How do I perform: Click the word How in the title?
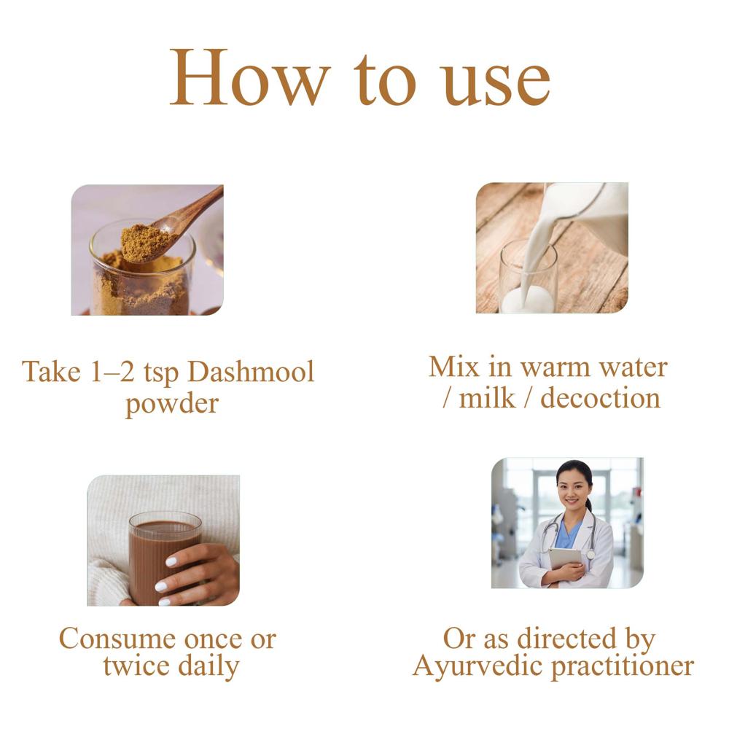tap(250, 77)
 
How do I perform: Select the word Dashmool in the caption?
tap(251, 372)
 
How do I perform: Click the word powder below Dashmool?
tap(172, 404)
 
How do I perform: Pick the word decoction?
tap(600, 399)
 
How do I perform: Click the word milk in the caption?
tap(487, 399)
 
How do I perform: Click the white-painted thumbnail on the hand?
tap(171, 561)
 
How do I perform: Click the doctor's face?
tap(574, 490)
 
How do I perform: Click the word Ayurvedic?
tap(478, 666)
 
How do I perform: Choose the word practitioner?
tap(623, 667)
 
